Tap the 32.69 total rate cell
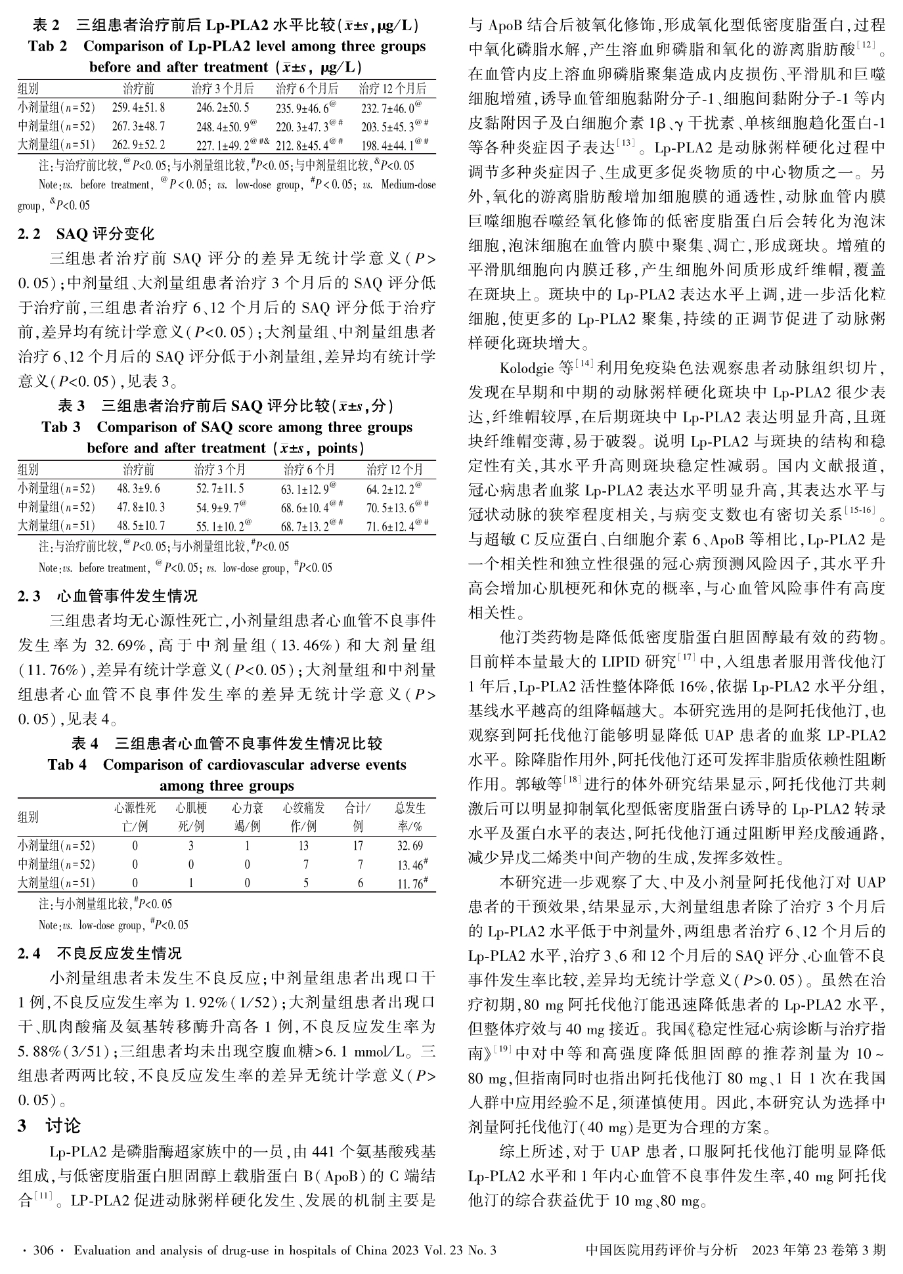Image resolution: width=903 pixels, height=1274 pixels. coord(410,846)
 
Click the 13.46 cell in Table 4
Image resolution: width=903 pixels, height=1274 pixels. coord(410,865)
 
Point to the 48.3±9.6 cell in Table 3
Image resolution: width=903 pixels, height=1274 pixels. coord(139,489)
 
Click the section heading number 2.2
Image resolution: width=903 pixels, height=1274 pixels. coord(29,234)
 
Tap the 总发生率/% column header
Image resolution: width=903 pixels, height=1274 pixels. coord(410,816)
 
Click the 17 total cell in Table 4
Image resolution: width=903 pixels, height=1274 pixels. coord(358,846)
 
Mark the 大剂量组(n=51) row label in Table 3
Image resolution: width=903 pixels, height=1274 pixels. coord(56,526)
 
